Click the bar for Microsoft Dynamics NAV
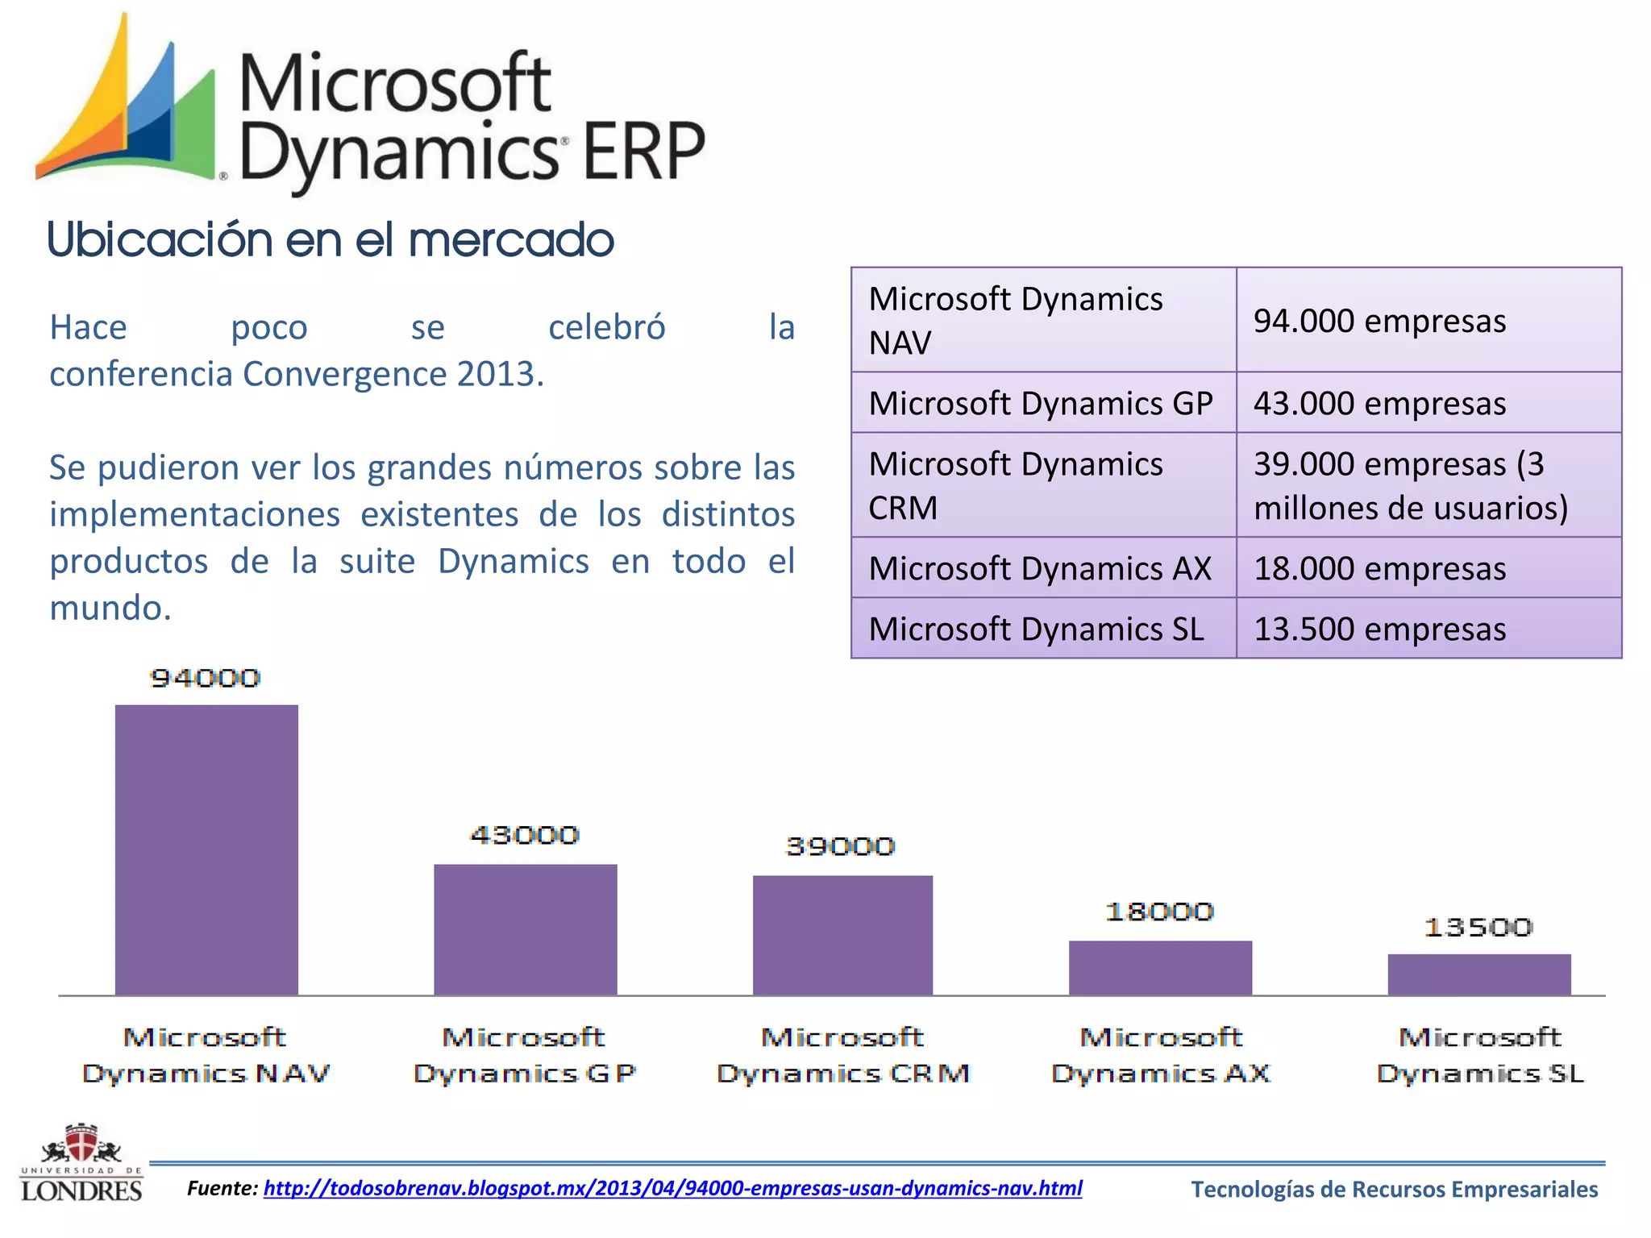[x=206, y=850]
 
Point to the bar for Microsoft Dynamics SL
[x=1478, y=974]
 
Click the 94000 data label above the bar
[x=206, y=679]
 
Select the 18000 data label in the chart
[x=1159, y=912]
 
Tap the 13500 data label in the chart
[x=1478, y=928]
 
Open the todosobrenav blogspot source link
[x=672, y=1188]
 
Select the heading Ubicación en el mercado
[x=331, y=240]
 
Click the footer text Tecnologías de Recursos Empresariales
[x=1394, y=1190]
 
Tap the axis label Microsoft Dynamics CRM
[x=842, y=1055]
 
